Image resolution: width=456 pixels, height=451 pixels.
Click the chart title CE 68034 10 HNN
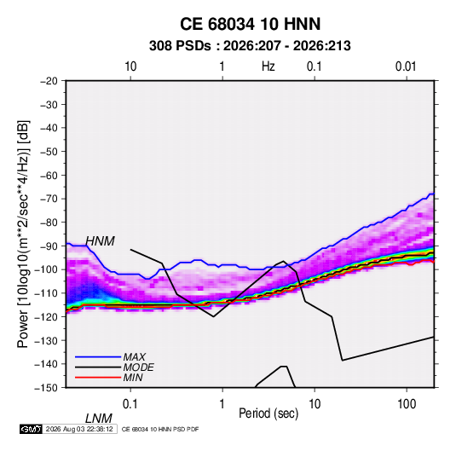pyautogui.click(x=250, y=24)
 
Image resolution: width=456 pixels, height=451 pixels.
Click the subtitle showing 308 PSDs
pyautogui.click(x=250, y=46)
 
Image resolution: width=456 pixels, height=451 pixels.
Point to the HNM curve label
pyautogui.click(x=100, y=241)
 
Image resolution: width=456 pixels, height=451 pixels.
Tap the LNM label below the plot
pyautogui.click(x=99, y=419)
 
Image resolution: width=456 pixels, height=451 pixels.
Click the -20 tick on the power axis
pyautogui.click(x=49, y=81)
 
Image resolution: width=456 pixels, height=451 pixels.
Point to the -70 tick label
pyautogui.click(x=49, y=199)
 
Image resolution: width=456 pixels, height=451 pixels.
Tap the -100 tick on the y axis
pyautogui.click(x=46, y=269)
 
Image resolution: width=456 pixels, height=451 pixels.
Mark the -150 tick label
pyautogui.click(x=46, y=388)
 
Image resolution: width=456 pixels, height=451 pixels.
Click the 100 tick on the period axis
pyautogui.click(x=407, y=404)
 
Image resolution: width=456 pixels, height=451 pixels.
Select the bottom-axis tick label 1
pyautogui.click(x=222, y=404)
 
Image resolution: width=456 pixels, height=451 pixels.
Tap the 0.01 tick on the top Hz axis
pyautogui.click(x=406, y=66)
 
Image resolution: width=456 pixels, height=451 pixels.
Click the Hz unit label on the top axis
pyautogui.click(x=268, y=66)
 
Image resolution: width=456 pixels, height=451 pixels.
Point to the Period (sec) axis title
pyautogui.click(x=268, y=413)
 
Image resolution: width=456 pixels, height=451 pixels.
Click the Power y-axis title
pyautogui.click(x=24, y=234)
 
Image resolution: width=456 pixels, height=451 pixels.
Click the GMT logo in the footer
pyautogui.click(x=31, y=429)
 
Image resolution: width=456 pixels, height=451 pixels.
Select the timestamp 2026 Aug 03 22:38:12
pyautogui.click(x=79, y=429)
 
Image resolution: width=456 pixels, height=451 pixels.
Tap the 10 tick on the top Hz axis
pyautogui.click(x=130, y=66)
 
